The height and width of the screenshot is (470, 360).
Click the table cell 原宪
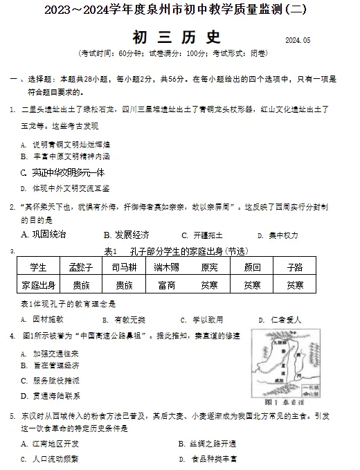click(209, 267)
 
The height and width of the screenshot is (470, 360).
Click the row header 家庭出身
click(39, 284)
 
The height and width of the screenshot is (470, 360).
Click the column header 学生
click(39, 267)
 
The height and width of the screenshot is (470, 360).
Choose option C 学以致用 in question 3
click(201, 320)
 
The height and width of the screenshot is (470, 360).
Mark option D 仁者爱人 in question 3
click(279, 320)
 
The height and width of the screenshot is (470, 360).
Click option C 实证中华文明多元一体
click(62, 172)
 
